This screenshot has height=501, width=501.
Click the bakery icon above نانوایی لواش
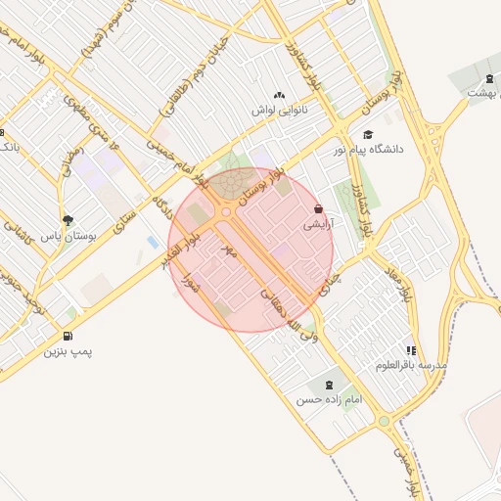tap(280, 95)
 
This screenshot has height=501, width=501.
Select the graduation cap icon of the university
tap(367, 135)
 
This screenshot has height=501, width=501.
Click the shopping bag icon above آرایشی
tap(319, 208)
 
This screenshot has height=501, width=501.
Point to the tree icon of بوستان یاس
tap(67, 220)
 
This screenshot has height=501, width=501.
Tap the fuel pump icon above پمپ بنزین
tap(67, 335)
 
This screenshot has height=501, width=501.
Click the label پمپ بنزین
tap(68, 349)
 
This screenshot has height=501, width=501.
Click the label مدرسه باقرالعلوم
tap(411, 365)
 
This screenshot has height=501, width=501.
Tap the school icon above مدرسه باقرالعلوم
tap(411, 349)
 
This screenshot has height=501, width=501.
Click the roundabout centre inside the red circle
tap(227, 210)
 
